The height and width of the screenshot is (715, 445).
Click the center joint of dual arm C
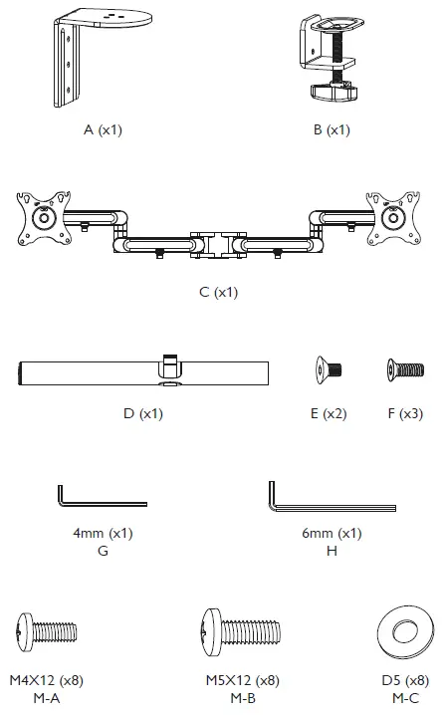tap(215, 241)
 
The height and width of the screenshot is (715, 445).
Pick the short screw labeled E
tap(330, 369)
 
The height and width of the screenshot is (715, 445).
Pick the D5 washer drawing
tap(405, 632)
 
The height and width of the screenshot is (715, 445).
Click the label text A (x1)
tap(104, 130)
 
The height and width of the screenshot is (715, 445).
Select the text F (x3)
tap(403, 413)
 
